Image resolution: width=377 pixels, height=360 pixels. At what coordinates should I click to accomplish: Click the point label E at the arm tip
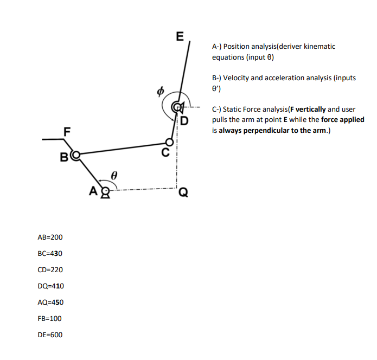180,38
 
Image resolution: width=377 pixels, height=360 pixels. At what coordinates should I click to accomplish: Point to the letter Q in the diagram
184,191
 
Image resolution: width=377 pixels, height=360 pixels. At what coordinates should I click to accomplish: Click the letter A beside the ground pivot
93,190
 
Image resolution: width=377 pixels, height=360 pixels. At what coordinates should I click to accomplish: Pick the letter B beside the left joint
64,158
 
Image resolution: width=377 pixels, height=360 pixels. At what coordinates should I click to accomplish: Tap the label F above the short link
67,131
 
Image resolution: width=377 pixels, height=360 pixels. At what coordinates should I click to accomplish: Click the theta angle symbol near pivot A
114,176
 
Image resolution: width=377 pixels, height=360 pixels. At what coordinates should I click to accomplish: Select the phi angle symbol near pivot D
160,92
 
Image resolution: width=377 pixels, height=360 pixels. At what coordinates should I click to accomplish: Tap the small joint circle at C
170,142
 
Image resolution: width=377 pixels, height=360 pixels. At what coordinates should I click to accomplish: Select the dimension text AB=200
50,237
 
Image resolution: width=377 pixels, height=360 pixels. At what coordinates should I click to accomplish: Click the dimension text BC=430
50,253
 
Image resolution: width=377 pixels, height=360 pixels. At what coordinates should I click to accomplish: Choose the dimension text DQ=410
50,286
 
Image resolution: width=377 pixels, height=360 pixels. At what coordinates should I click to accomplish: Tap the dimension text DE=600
50,335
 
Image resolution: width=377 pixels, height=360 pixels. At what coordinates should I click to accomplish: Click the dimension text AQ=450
50,302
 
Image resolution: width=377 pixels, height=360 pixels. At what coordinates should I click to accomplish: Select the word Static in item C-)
233,110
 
